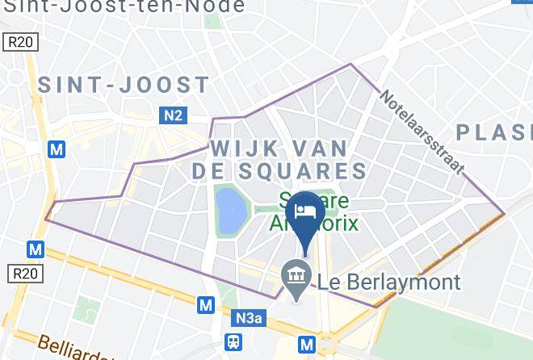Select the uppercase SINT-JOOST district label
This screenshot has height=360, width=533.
pos(124,86)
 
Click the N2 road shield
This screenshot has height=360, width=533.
pos(172,115)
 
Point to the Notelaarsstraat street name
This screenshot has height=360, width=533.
pos(422,131)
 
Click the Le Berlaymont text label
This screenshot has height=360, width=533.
pos(389,282)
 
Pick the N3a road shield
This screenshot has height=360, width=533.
pos(250,319)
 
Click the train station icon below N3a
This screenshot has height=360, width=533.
pos(234,342)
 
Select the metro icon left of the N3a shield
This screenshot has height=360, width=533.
pos(206,305)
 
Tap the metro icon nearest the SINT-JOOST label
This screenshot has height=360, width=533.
pos(56,149)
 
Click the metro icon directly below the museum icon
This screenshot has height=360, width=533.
pos(307,345)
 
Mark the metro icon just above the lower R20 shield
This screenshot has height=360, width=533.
pos(35,249)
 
